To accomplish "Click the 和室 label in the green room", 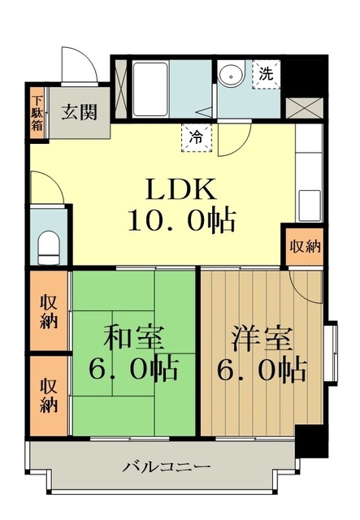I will coord(134,336).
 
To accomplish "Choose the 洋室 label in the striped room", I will coord(261,336).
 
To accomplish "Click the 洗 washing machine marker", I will coord(266,72).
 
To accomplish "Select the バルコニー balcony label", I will coord(167,466).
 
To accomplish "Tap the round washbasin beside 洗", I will coord(231,75).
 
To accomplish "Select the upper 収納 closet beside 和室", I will coord(50,310).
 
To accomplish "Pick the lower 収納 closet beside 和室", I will coord(50,394).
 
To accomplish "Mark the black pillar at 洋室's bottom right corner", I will coord(310,440).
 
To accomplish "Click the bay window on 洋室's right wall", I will coord(331,355).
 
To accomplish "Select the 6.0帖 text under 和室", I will coord(134,370).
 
